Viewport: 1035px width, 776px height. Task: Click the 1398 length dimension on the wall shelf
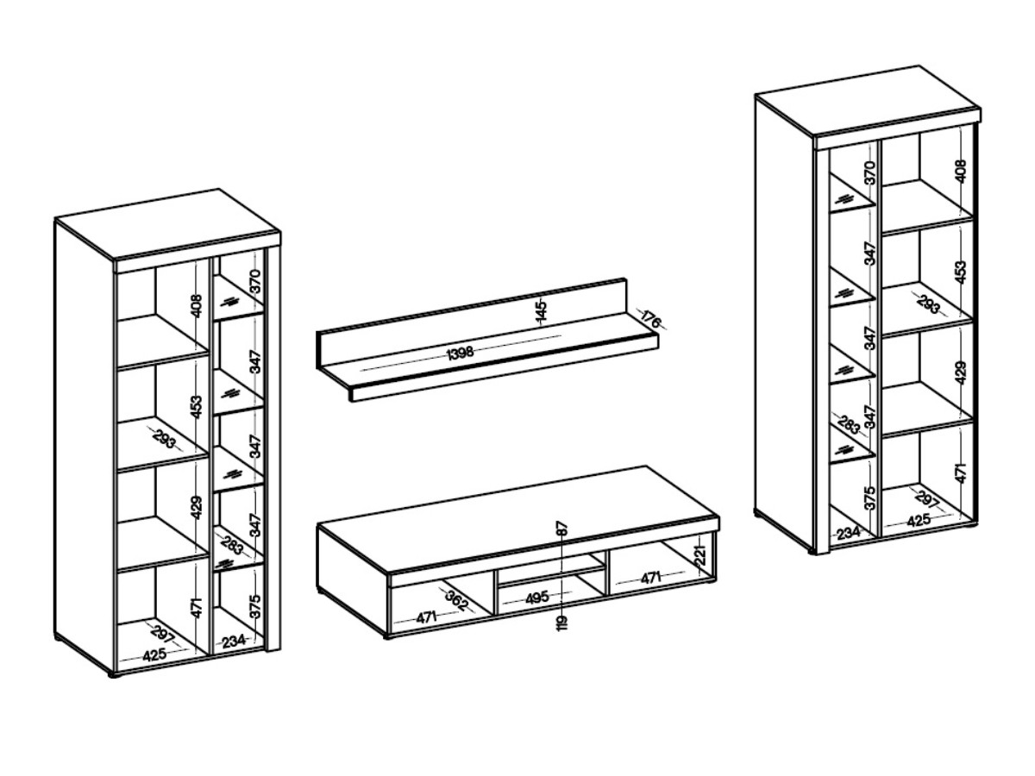[x=460, y=352]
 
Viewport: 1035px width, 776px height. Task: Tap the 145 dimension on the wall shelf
[x=541, y=311]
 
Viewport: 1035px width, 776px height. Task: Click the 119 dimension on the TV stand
[x=562, y=623]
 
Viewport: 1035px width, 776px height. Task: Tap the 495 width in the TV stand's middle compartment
[x=536, y=597]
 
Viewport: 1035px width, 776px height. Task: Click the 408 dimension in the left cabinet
[x=197, y=306]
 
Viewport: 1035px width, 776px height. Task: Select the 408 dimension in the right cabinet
[x=962, y=171]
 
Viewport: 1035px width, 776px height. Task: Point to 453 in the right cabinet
[x=962, y=272]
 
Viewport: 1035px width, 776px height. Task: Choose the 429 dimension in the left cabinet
[x=197, y=508]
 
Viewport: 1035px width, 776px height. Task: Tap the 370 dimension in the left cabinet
[x=255, y=281]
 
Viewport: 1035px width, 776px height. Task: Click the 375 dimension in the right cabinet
[x=870, y=498]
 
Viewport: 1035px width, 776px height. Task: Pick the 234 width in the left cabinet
[x=234, y=641]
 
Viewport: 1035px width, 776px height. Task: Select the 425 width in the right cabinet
[x=919, y=520]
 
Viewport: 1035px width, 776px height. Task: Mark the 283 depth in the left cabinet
[x=231, y=544]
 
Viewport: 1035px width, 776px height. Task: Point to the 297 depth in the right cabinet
[x=926, y=498]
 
